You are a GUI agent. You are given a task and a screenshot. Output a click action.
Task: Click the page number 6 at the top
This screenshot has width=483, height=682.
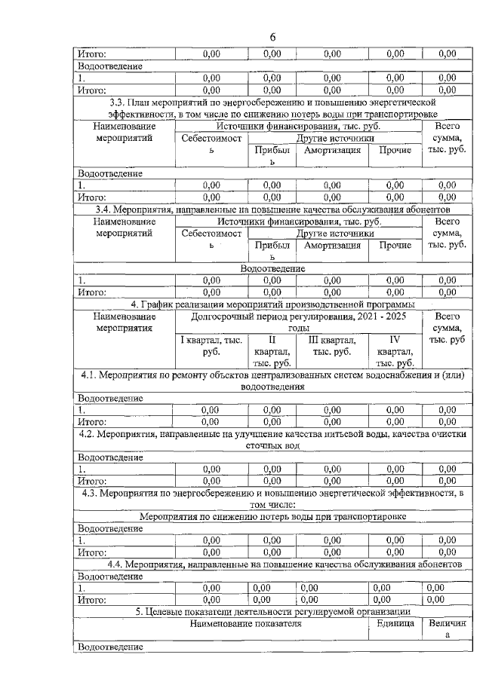pos(273,38)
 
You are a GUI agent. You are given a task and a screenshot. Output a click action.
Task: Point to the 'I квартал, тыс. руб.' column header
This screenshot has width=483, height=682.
pos(211,345)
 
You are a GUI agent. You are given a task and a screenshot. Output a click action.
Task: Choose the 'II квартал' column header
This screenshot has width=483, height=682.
pos(272,351)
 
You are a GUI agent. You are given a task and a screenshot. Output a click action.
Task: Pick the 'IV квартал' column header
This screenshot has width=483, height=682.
pos(393,351)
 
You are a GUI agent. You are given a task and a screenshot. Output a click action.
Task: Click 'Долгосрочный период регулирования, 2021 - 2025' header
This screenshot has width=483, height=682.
pos(298,322)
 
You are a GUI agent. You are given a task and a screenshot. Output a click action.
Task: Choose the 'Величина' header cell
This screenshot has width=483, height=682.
pos(447,630)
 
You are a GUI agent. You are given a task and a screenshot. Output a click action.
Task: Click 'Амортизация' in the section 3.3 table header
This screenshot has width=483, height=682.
pos(332,150)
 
